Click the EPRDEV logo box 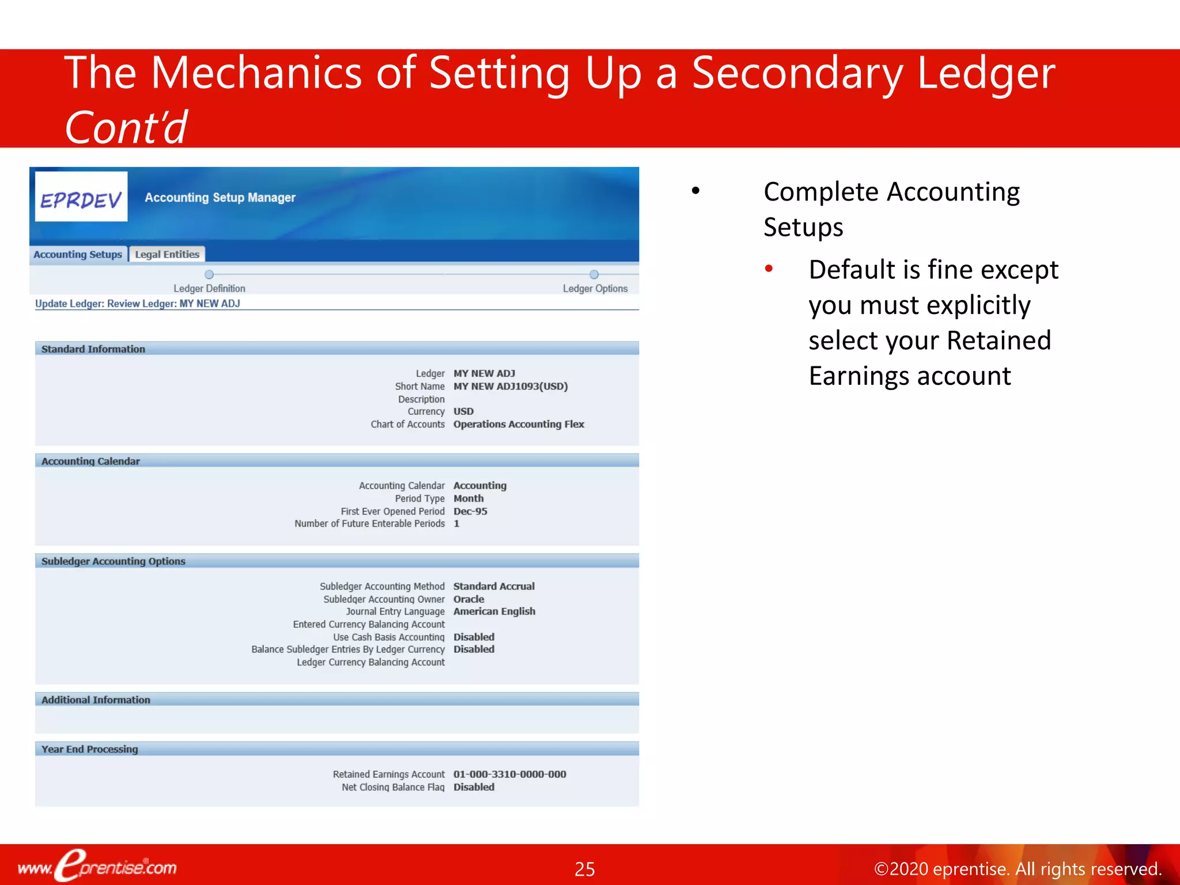pyautogui.click(x=81, y=197)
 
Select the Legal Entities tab pyautogui.click(x=167, y=254)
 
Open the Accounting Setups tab pyautogui.click(x=78, y=254)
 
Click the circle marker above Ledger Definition pyautogui.click(x=209, y=275)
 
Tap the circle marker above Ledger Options pyautogui.click(x=594, y=275)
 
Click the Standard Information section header pyautogui.click(x=93, y=349)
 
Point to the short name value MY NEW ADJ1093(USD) pyautogui.click(x=510, y=386)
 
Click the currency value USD pyautogui.click(x=463, y=411)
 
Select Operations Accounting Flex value pyautogui.click(x=519, y=424)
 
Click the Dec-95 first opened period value pyautogui.click(x=470, y=511)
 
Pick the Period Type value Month pyautogui.click(x=468, y=498)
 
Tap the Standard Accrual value pyautogui.click(x=494, y=586)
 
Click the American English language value pyautogui.click(x=494, y=611)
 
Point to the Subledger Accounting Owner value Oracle pyautogui.click(x=468, y=599)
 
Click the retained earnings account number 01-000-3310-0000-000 pyautogui.click(x=510, y=774)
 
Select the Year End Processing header pyautogui.click(x=90, y=749)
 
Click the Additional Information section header pyautogui.click(x=96, y=699)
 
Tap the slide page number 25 pyautogui.click(x=585, y=869)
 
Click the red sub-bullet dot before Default pyautogui.click(x=769, y=268)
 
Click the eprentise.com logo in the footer pyautogui.click(x=98, y=866)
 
